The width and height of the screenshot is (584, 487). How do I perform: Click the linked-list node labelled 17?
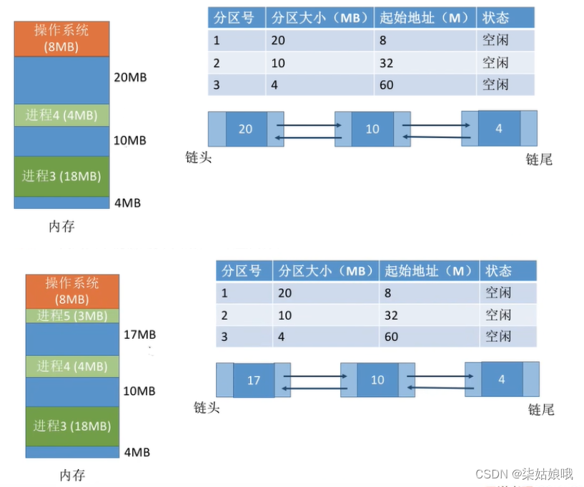(254, 380)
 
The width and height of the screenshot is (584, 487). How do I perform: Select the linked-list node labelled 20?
(245, 129)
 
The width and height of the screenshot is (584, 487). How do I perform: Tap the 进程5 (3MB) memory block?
(72, 315)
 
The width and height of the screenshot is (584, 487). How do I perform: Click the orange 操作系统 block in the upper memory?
(61, 39)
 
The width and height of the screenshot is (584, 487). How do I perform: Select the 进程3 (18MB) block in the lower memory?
(72, 425)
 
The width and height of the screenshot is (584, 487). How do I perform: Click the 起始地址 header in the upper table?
(425, 18)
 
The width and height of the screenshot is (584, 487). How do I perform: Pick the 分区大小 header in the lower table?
(326, 271)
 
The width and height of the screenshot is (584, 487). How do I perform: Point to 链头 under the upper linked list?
(198, 157)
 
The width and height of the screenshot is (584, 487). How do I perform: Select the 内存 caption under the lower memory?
(72, 475)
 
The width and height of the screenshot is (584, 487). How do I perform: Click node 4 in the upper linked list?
(499, 128)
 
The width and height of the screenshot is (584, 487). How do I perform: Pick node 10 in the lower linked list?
(377, 380)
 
